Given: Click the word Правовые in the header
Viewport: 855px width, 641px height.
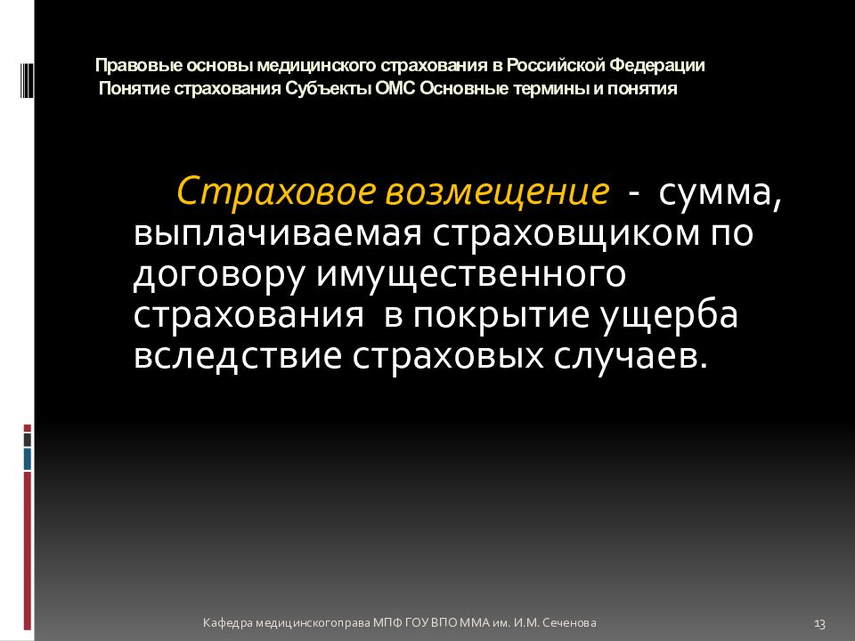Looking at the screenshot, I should pos(126,66).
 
